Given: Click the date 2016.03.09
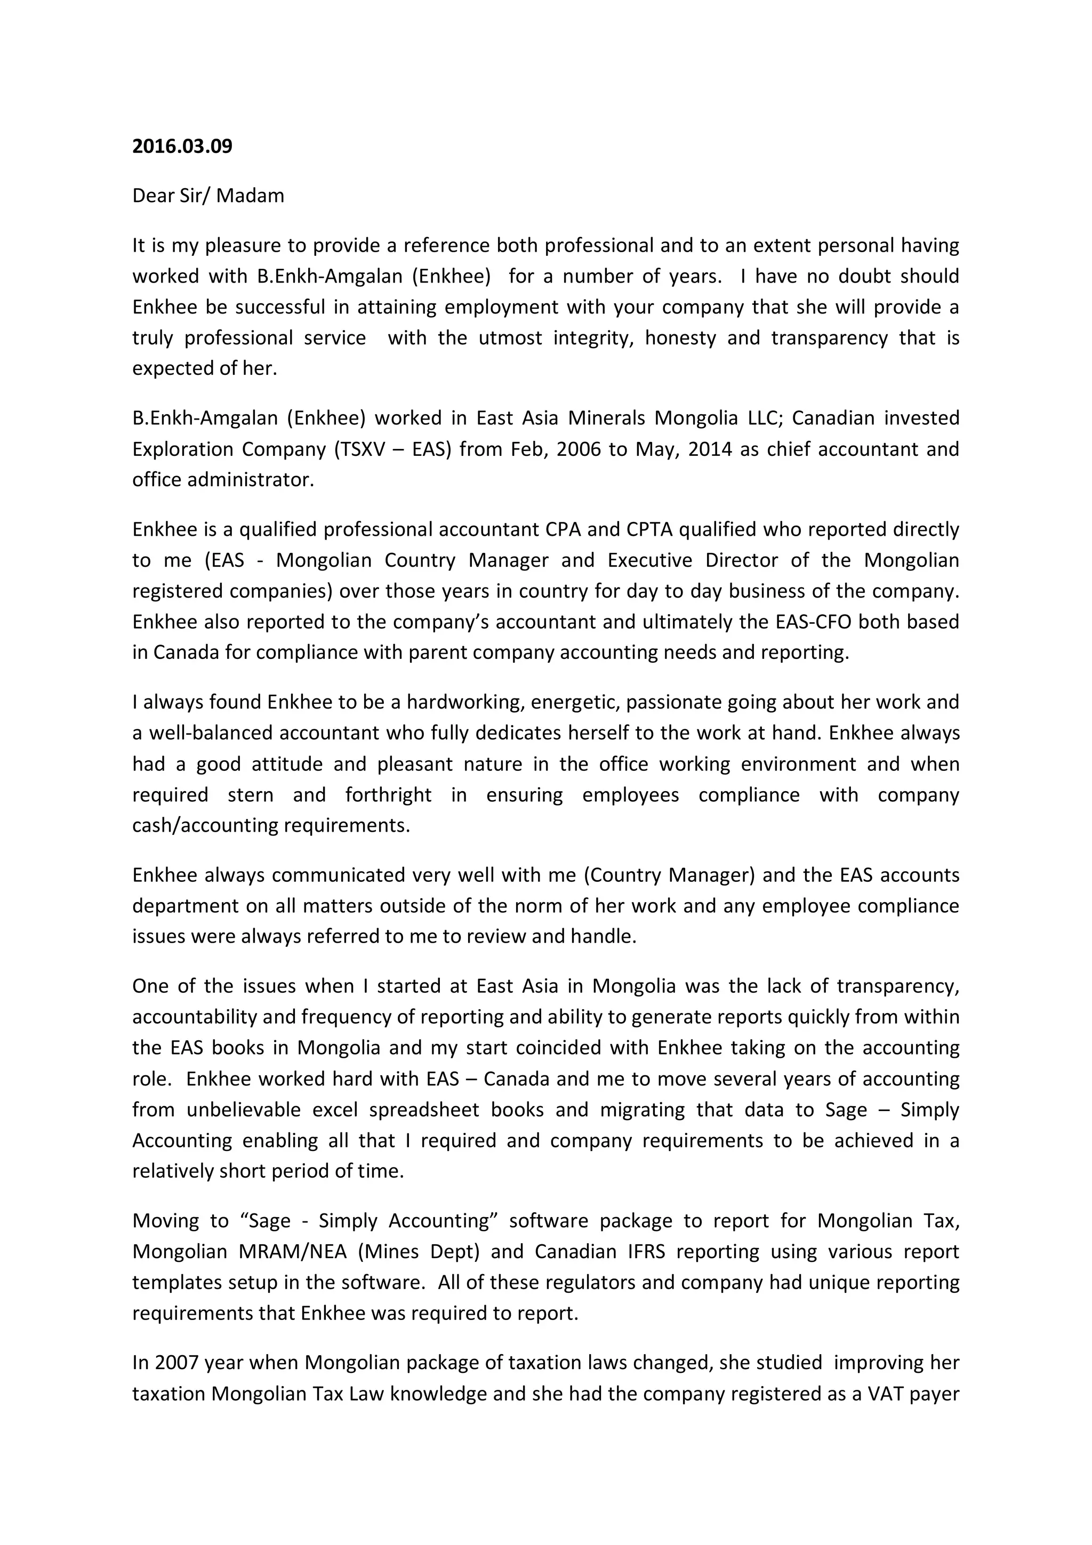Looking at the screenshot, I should [x=182, y=147].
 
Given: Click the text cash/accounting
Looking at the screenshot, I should [x=205, y=826].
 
